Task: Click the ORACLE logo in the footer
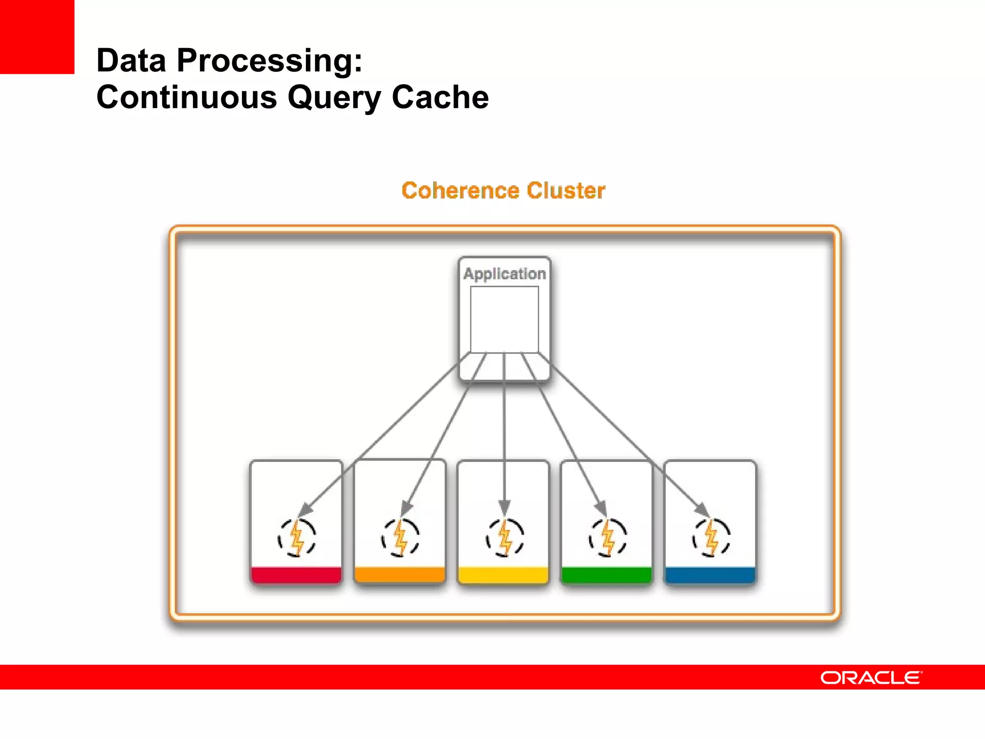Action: pyautogui.click(x=871, y=677)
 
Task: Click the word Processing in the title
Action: pyautogui.click(x=269, y=61)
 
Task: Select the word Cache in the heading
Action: pyautogui.click(x=440, y=97)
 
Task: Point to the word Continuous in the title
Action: pyautogui.click(x=187, y=97)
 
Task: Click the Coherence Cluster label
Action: pyautogui.click(x=503, y=191)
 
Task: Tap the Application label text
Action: pyautogui.click(x=505, y=274)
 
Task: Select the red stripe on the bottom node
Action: pyautogui.click(x=296, y=575)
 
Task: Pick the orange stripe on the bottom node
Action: pyautogui.click(x=400, y=575)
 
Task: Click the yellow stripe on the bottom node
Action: pyautogui.click(x=504, y=575)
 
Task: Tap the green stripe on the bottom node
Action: pyautogui.click(x=607, y=575)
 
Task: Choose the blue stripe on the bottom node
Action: pyautogui.click(x=710, y=575)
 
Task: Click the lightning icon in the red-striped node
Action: pyautogui.click(x=297, y=538)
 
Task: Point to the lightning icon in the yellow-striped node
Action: pyautogui.click(x=505, y=538)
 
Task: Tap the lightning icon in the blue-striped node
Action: pyautogui.click(x=711, y=538)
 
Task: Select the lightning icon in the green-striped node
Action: pyautogui.click(x=608, y=538)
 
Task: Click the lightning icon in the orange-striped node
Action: pyautogui.click(x=401, y=538)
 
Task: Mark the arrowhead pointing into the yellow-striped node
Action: pyautogui.click(x=504, y=508)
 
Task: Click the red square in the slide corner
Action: pyautogui.click(x=37, y=37)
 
